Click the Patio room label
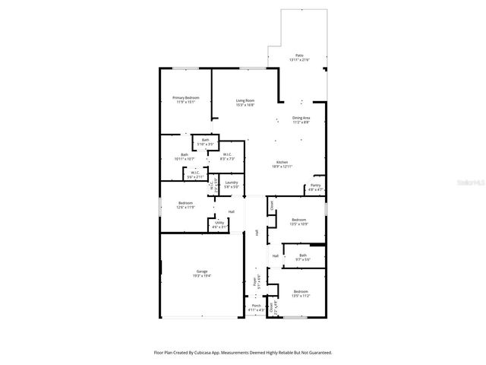pos(299,56)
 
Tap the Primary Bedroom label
pos(185,98)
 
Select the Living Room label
pos(245,101)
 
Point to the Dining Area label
pos(301,118)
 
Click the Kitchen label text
pos(282,162)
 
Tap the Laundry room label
pos(232,182)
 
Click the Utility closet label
pos(219,223)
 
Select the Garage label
pos(202,271)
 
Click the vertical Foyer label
pos(255,282)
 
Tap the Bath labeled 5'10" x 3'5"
pos(205,140)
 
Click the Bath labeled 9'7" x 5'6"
pos(303,255)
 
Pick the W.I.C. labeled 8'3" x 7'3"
pos(227,154)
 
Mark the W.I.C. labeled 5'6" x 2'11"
pos(195,173)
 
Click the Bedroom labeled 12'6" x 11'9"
pos(186,203)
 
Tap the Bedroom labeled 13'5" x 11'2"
pos(301,291)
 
